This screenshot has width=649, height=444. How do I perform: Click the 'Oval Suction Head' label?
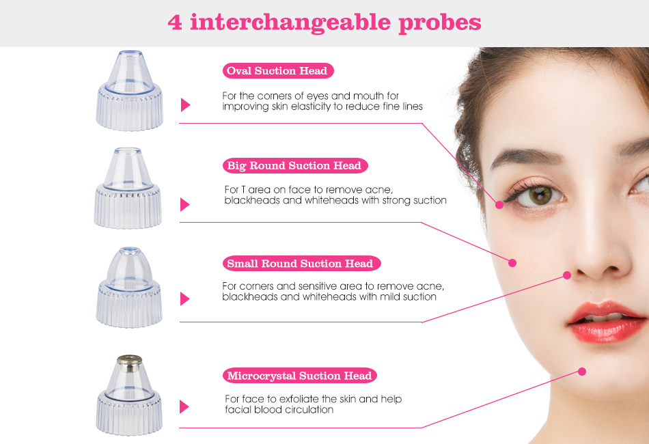coord(278,71)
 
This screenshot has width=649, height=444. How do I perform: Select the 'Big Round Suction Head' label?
coord(294,165)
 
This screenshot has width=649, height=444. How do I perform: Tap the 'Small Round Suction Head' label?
coord(301,264)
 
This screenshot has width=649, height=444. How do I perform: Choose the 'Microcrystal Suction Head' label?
coord(299,376)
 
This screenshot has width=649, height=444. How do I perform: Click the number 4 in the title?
coord(175,23)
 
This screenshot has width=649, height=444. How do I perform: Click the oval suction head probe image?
coord(130,91)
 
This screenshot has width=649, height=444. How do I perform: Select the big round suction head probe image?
coord(128,188)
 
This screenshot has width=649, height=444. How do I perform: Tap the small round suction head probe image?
coord(128,287)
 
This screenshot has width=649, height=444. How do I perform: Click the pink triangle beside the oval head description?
coord(185,105)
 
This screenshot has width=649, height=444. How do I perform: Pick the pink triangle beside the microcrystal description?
coord(184,406)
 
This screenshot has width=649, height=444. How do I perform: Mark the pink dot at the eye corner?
coord(499,204)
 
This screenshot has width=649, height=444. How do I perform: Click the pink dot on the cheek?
coord(512,263)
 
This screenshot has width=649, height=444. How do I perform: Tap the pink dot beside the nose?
coord(567,275)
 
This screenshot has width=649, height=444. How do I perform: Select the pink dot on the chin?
coord(582,372)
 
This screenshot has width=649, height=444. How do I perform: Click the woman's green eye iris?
coord(539,195)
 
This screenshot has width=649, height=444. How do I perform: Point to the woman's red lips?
coord(607,322)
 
